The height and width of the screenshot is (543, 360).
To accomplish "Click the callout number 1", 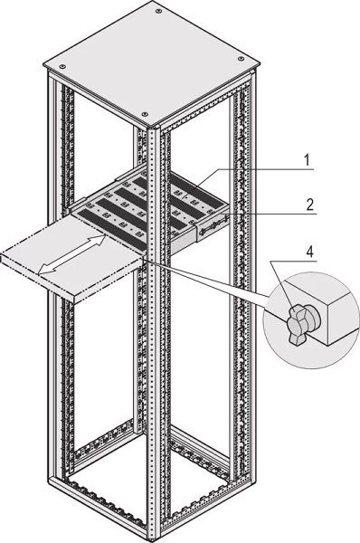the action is pyautogui.click(x=306, y=160).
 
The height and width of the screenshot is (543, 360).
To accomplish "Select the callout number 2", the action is pyautogui.click(x=310, y=205).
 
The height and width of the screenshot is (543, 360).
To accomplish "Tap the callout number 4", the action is pyautogui.click(x=310, y=252).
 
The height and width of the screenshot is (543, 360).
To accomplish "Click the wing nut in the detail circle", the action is pyautogui.click(x=296, y=325).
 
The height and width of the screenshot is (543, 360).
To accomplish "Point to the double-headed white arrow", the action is pyautogui.click(x=71, y=255).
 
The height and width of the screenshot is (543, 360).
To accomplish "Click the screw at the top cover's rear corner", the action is pyautogui.click(x=158, y=12).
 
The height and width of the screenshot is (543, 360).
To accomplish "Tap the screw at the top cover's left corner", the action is pyautogui.click(x=62, y=66).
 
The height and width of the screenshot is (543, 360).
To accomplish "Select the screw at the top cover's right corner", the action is pyautogui.click(x=241, y=59).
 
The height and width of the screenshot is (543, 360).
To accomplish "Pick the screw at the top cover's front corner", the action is pyautogui.click(x=145, y=114).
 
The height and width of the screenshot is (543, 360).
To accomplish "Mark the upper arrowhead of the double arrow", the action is pyautogui.click(x=99, y=239).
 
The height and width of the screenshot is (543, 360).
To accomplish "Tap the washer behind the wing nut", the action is pyautogui.click(x=314, y=318).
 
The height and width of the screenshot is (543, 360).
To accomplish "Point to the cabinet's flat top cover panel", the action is pyautogui.click(x=152, y=63).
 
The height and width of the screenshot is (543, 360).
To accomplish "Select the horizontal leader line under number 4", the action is pyautogui.click(x=294, y=262).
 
